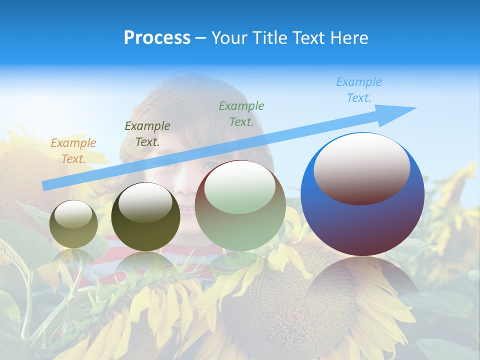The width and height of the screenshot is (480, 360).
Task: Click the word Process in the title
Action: pyautogui.click(x=157, y=38)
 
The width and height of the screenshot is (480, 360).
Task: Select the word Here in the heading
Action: pyautogui.click(x=348, y=38)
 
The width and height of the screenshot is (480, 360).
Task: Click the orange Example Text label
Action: pyautogui.click(x=73, y=150)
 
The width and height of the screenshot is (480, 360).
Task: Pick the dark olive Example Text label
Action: pyautogui.click(x=147, y=133)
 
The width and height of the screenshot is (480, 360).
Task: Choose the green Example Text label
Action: pyautogui.click(x=241, y=113)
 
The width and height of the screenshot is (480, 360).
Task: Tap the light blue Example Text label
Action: pyautogui.click(x=359, y=90)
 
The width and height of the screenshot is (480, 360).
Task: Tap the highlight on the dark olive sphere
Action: pyautogui.click(x=145, y=202)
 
